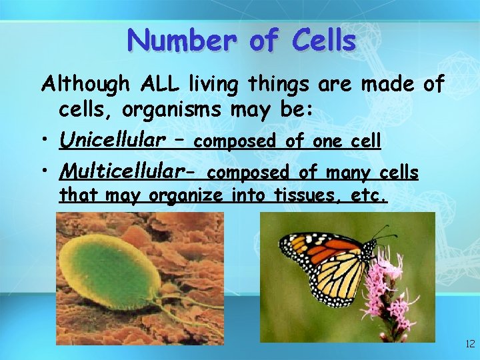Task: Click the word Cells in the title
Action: (x=323, y=41)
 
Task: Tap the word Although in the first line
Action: (x=86, y=84)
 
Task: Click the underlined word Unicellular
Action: (x=112, y=140)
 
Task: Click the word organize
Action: (x=187, y=196)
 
